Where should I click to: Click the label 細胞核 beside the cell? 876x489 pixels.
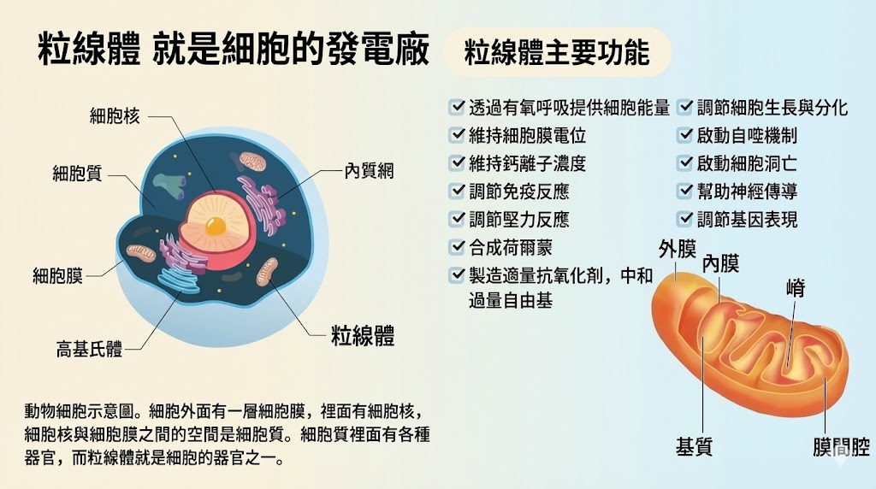[115, 116]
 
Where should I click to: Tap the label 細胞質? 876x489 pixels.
[78, 174]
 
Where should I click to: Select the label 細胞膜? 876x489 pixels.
[57, 276]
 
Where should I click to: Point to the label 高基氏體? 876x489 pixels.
[89, 350]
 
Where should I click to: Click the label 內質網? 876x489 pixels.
[369, 171]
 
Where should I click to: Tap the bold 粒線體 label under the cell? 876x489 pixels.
[363, 336]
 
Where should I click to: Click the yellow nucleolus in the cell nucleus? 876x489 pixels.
[215, 226]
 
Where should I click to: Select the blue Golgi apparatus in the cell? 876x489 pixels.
[178, 279]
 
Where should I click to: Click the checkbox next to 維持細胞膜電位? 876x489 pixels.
[457, 134]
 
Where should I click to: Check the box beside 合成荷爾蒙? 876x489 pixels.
[457, 246]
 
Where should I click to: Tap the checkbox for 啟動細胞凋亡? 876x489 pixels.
[685, 162]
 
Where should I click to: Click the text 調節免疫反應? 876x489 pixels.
[519, 191]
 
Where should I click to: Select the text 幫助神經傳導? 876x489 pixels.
[747, 191]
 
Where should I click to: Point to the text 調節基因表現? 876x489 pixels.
[747, 220]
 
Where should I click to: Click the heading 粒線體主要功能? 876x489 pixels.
[557, 52]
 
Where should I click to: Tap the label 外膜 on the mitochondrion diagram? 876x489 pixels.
[678, 250]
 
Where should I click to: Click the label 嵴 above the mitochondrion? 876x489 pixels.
[796, 288]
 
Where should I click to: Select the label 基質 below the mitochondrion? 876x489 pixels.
[694, 446]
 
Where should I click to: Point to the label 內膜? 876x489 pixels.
[720, 263]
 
